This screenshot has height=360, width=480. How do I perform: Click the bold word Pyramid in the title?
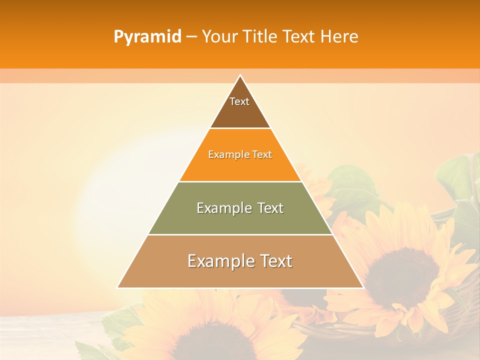(147, 37)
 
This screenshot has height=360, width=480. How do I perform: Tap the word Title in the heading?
(260, 37)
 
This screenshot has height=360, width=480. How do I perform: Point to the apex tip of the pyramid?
(240, 75)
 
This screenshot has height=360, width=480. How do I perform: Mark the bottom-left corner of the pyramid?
(118, 287)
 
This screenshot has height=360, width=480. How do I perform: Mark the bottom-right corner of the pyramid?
(362, 287)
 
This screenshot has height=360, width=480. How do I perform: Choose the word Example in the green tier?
(224, 208)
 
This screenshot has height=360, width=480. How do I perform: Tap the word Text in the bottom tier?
(272, 261)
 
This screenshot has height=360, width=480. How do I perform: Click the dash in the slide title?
(191, 37)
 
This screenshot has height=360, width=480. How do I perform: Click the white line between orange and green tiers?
(240, 181)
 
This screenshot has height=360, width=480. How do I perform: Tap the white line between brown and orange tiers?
(240, 128)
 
